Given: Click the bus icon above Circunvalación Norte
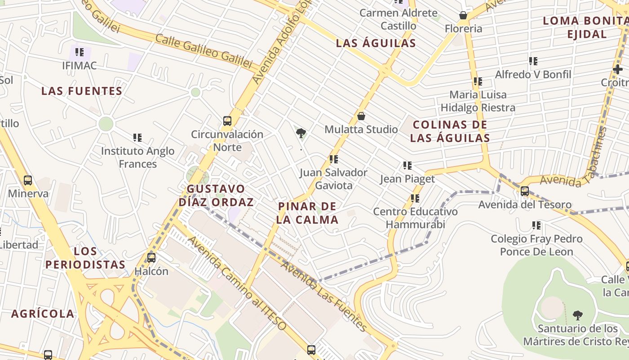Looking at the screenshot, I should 227,121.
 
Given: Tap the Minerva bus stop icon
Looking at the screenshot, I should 28,180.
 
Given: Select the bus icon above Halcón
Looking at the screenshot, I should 151,258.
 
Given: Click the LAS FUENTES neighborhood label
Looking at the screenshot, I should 82,91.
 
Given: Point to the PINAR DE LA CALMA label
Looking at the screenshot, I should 307,213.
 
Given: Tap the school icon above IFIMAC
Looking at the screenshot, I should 80,52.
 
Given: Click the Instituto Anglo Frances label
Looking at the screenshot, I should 137,157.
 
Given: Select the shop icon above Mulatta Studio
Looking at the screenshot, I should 361,116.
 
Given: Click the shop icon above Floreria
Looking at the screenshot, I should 463,16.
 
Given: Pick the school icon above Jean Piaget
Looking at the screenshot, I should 408,166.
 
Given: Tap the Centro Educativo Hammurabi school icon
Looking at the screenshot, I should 415,198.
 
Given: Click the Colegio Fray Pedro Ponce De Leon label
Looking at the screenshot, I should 536,245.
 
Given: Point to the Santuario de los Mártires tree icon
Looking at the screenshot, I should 578,315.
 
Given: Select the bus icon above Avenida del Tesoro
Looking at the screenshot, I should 525,191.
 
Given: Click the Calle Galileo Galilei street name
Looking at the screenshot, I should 204,51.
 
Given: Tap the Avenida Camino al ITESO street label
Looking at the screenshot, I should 237,283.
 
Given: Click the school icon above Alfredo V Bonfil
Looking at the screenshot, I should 533,61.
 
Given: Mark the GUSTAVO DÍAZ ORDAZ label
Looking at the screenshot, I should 216,195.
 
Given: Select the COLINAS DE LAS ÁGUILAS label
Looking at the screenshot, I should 450,131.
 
